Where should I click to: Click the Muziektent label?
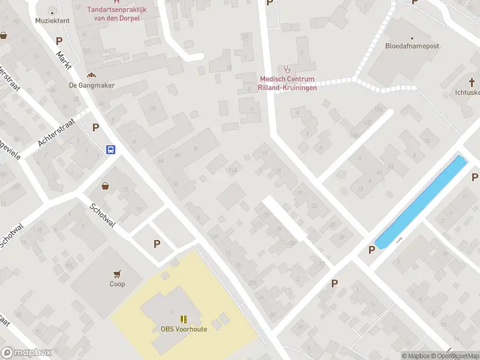pyautogui.click(x=52, y=20)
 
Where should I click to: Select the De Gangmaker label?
pyautogui.click(x=91, y=85)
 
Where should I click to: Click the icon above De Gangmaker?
pyautogui.click(x=91, y=76)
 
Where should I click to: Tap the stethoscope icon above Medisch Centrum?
pyautogui.click(x=287, y=69)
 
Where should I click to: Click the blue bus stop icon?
pyautogui.click(x=111, y=150)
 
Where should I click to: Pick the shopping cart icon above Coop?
pyautogui.click(x=117, y=274)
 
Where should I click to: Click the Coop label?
pyautogui.click(x=117, y=284)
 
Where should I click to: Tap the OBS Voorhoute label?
pyautogui.click(x=184, y=329)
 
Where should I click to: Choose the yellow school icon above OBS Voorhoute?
pyautogui.click(x=184, y=319)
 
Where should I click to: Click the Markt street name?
pyautogui.click(x=64, y=61)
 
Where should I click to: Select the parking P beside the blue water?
pyautogui.click(x=372, y=250)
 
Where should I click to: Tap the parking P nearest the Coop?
pyautogui.click(x=157, y=244)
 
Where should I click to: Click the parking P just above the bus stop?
pyautogui.click(x=95, y=127)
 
